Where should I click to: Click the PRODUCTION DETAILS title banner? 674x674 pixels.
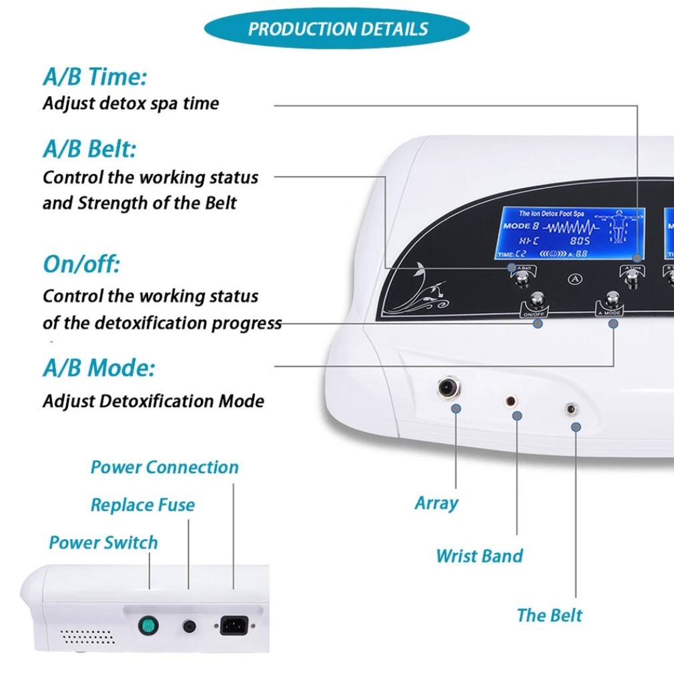click(x=337, y=29)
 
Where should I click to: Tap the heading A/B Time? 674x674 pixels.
click(x=95, y=77)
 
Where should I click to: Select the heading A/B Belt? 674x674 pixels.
click(x=89, y=149)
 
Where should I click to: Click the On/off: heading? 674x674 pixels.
click(x=81, y=264)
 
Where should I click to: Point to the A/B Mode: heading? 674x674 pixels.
click(x=99, y=368)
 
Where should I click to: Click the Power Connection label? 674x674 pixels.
click(x=164, y=467)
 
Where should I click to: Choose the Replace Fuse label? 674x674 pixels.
click(x=143, y=505)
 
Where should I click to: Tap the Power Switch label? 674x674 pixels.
click(x=103, y=543)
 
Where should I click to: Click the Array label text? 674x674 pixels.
click(x=436, y=503)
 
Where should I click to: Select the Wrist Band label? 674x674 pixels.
click(x=479, y=556)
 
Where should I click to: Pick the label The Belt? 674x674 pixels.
click(x=549, y=615)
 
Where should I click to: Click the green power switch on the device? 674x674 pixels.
click(x=148, y=626)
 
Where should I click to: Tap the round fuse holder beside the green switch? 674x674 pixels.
click(x=190, y=627)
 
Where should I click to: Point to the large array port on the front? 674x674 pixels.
click(x=446, y=388)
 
